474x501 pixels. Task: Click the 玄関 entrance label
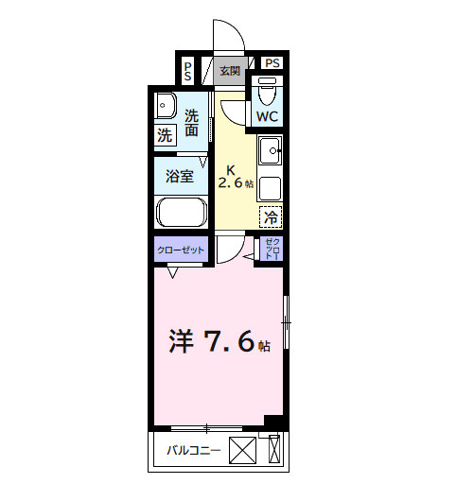coord(229,71)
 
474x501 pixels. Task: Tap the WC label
coord(267,117)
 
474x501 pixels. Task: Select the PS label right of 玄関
coord(272,63)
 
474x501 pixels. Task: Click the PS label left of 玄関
coord(188,70)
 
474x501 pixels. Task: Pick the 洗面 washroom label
coord(193,124)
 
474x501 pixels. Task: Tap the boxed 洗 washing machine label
coord(165,135)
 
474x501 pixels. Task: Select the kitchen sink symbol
coord(271,148)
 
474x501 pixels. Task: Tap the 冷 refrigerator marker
coord(271,216)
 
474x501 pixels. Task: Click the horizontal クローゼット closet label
coord(179,250)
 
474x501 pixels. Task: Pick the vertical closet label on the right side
coord(272,249)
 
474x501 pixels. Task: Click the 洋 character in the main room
coord(181,342)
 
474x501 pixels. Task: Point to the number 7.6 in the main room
coord(227,342)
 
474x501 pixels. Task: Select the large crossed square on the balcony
coord(243,451)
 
